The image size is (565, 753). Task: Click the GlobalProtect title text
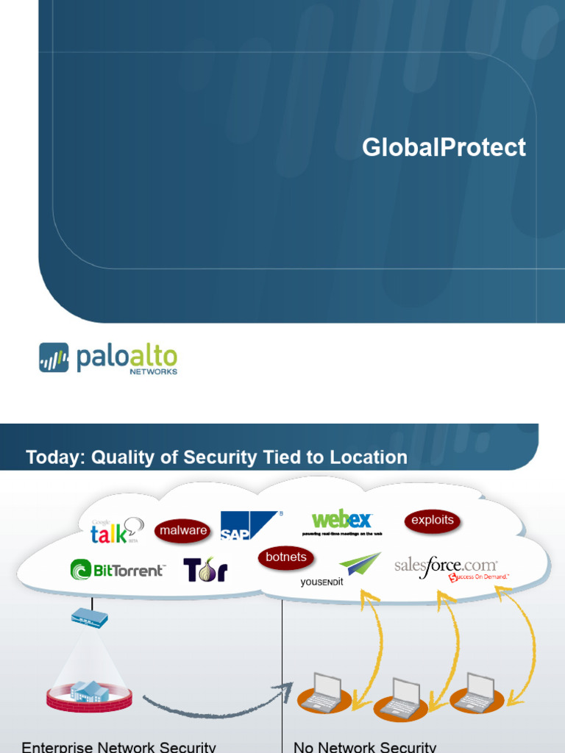tap(444, 148)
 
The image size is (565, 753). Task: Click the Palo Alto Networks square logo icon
tap(54, 357)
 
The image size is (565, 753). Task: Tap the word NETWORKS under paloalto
tap(153, 372)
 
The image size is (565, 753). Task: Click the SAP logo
tap(248, 526)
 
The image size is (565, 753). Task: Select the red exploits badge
tap(433, 521)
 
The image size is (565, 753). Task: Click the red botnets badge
tap(286, 557)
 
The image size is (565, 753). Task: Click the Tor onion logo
tap(206, 570)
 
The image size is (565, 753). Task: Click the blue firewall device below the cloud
tap(89, 616)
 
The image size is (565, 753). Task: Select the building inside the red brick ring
tap(89, 690)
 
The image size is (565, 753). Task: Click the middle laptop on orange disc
tap(401, 699)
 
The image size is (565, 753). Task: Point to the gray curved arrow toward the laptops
tap(213, 706)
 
